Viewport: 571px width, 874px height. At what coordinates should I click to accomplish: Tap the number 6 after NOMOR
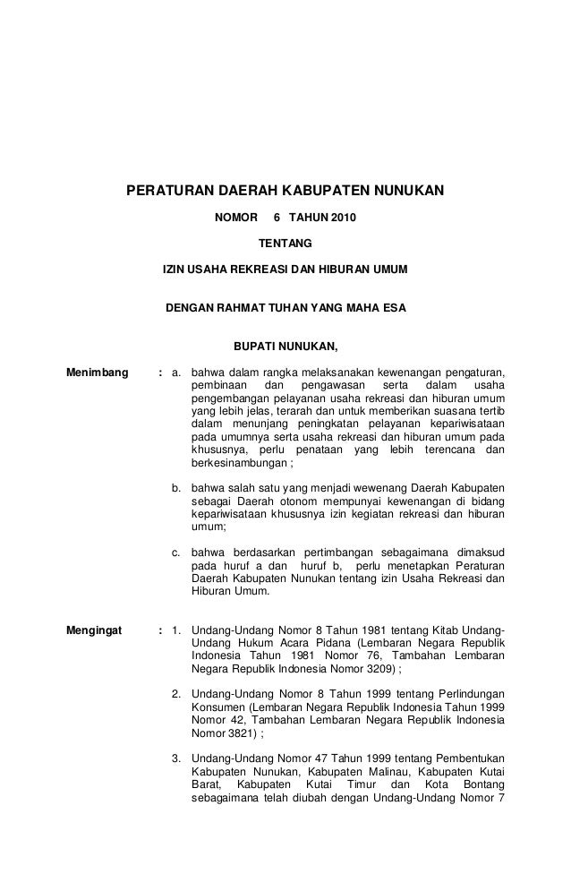tap(277, 218)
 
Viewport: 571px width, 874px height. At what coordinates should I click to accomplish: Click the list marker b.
tap(177, 487)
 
